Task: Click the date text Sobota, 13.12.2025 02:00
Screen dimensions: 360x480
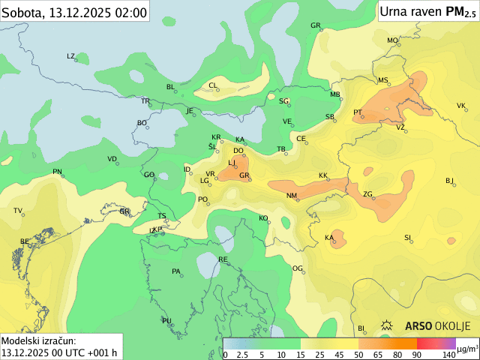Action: pyautogui.click(x=74, y=11)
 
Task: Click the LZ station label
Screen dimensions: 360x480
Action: pyautogui.click(x=71, y=56)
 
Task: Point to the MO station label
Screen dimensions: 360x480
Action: pyautogui.click(x=392, y=40)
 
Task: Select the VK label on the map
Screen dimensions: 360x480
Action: pyautogui.click(x=461, y=106)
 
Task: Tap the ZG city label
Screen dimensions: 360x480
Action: pyautogui.click(x=367, y=194)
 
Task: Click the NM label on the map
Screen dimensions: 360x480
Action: pyautogui.click(x=292, y=196)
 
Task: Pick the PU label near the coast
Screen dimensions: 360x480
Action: pyautogui.click(x=166, y=321)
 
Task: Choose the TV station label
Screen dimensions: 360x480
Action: pyautogui.click(x=18, y=211)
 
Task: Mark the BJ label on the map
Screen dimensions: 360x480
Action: pyautogui.click(x=450, y=181)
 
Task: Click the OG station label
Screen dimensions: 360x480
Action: pyautogui.click(x=297, y=268)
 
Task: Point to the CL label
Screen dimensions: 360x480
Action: pyautogui.click(x=212, y=85)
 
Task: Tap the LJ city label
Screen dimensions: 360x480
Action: pyautogui.click(x=232, y=163)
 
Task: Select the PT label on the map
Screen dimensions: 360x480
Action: pyautogui.click(x=358, y=112)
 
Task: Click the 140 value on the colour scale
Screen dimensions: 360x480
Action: pyautogui.click(x=449, y=354)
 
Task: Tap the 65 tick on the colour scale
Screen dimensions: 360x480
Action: pyautogui.click(x=378, y=354)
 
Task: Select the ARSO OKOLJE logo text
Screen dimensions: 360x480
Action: pyautogui.click(x=437, y=326)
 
